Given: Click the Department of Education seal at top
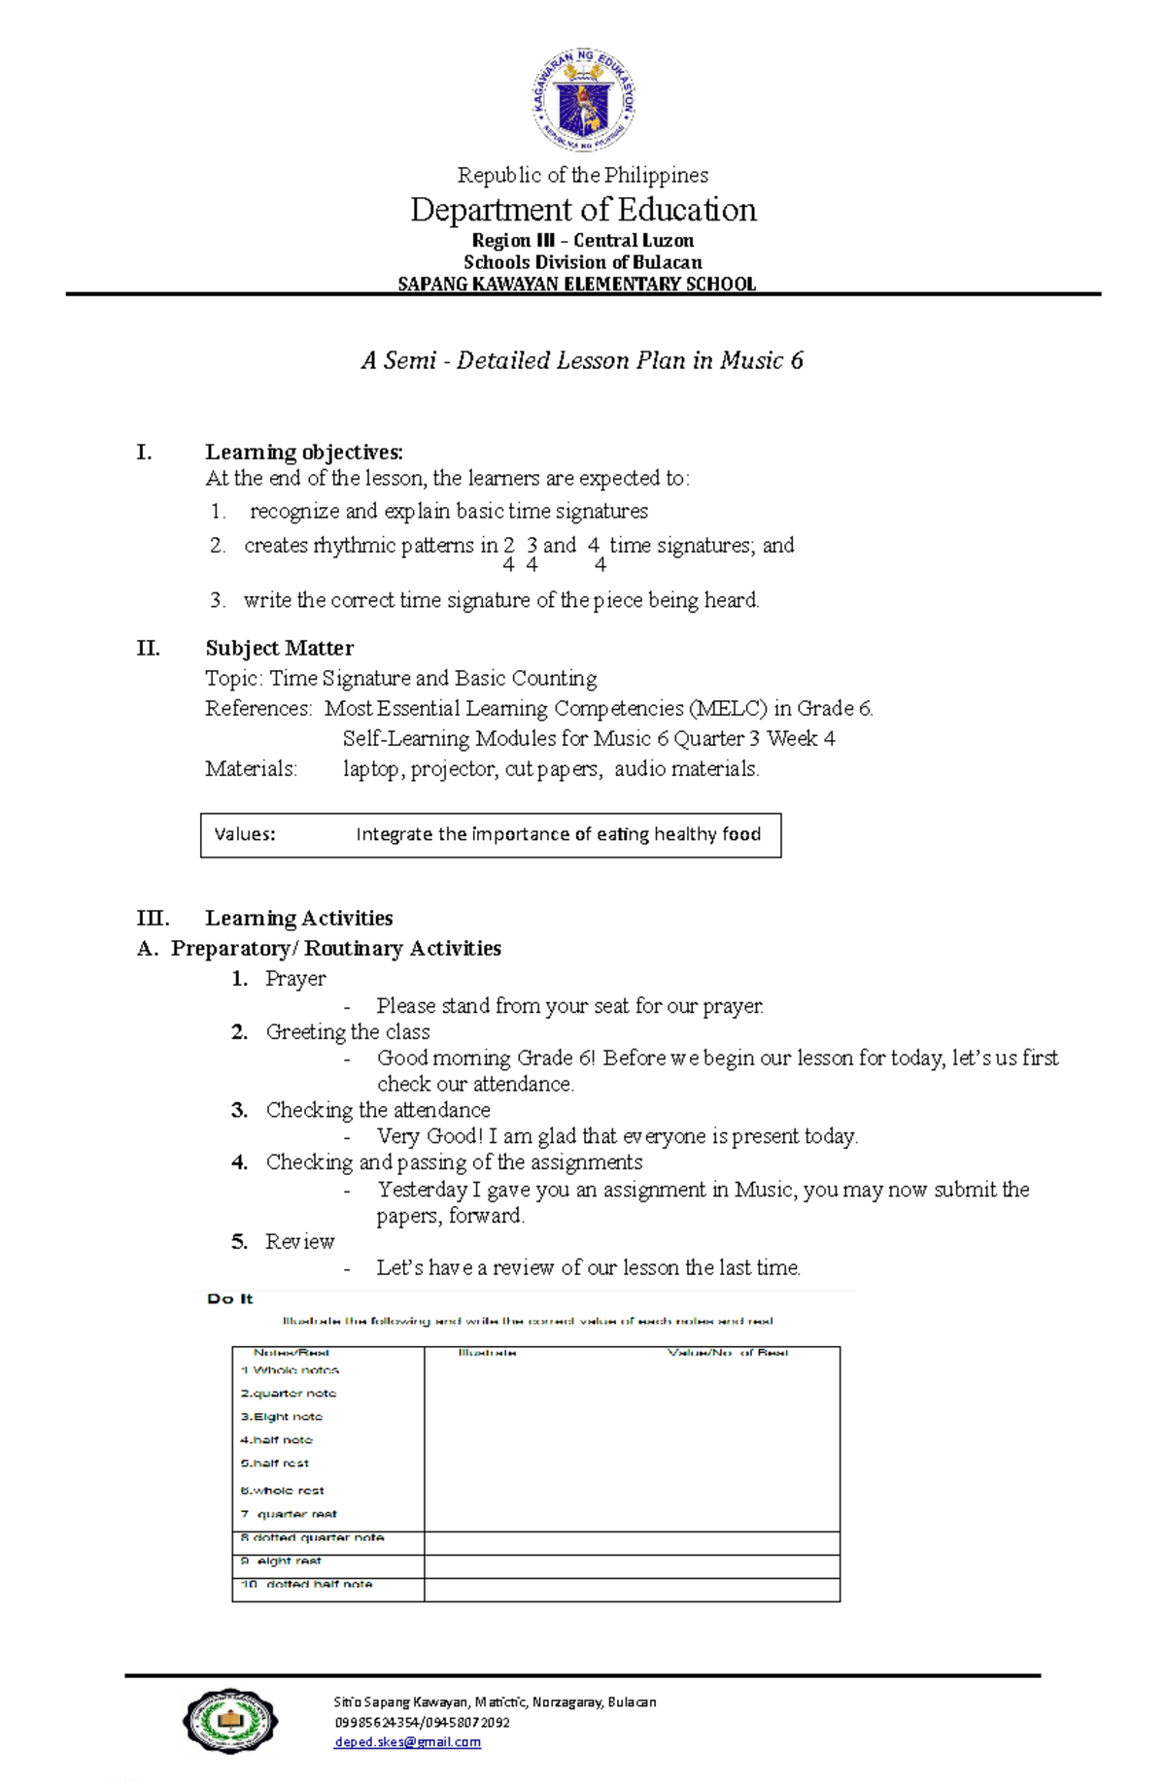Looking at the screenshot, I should click(584, 101).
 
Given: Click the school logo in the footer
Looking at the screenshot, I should click(230, 1721).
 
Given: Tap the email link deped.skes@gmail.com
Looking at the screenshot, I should click(407, 1742).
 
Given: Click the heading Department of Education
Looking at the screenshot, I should click(583, 210).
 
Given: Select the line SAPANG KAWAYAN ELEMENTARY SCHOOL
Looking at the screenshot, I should click(577, 285).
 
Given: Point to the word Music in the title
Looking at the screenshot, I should click(751, 360).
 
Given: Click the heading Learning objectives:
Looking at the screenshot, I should click(303, 452).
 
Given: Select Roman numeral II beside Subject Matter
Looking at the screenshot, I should click(148, 648).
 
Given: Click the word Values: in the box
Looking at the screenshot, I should click(245, 834).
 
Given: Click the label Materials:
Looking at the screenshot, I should click(251, 769).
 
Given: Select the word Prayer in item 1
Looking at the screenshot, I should click(295, 979).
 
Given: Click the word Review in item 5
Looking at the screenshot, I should click(299, 1242).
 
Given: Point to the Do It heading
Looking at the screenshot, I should click(230, 1298).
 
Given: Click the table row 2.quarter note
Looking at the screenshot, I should click(289, 1394).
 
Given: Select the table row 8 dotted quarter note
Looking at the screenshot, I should click(313, 1537).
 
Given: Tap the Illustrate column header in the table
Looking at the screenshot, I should click(487, 1353).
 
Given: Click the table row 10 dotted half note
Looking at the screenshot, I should click(307, 1584).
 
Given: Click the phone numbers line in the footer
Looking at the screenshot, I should click(422, 1722).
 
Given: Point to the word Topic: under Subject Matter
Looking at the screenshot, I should click(233, 679).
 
